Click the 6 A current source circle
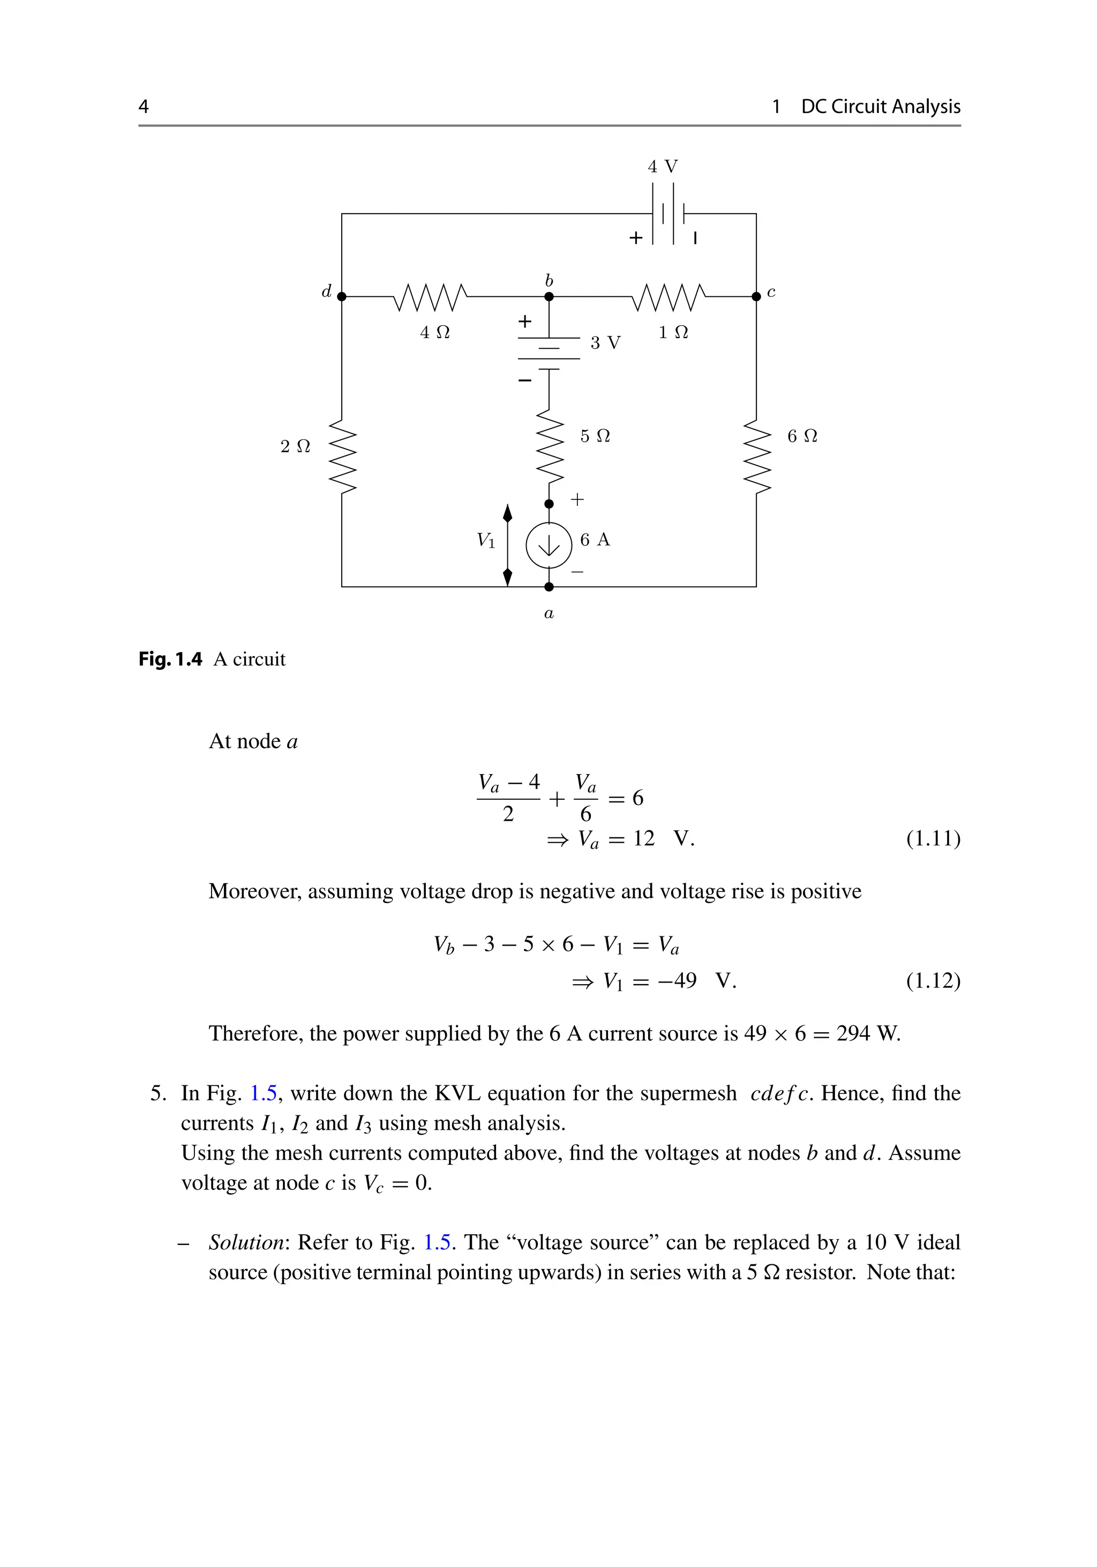[x=548, y=545]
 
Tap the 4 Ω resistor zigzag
[x=431, y=297]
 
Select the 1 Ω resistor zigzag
[x=669, y=297]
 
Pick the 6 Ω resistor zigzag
[x=756, y=456]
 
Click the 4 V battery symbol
[x=668, y=214]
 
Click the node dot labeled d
[x=342, y=297]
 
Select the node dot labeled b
[x=549, y=297]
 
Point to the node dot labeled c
[x=756, y=297]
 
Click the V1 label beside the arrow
[x=486, y=541]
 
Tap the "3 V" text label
[x=605, y=343]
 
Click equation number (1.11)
[x=933, y=838]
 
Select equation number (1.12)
[x=933, y=981]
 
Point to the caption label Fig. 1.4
[x=170, y=659]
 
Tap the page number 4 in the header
[x=143, y=107]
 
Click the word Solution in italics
[x=246, y=1242]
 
